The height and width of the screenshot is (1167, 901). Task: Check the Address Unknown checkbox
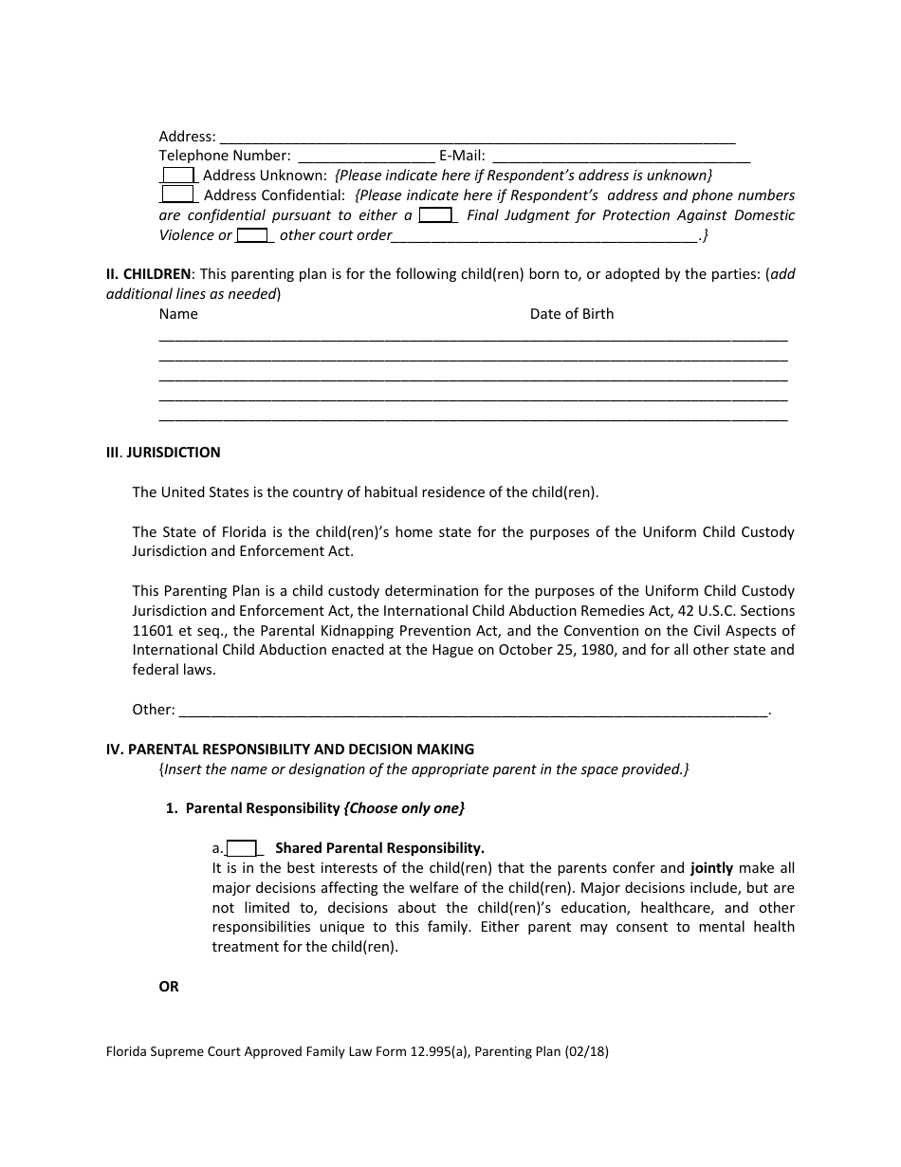tap(177, 175)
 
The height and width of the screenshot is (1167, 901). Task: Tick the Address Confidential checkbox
tap(177, 194)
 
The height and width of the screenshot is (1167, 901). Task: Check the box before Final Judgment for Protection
tap(435, 214)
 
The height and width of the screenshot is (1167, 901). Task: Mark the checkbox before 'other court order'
tap(252, 234)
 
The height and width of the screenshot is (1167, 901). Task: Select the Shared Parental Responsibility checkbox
tap(242, 848)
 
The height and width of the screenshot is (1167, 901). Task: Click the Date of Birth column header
tap(571, 314)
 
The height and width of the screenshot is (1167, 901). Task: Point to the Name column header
tap(178, 314)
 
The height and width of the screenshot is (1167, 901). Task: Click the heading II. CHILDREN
tap(148, 274)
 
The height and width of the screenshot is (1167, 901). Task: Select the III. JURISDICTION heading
tap(163, 453)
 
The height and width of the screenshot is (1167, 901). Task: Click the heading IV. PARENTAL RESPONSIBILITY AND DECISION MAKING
tap(289, 749)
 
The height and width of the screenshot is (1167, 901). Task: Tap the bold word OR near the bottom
tap(169, 987)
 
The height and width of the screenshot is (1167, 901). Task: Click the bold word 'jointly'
tap(711, 867)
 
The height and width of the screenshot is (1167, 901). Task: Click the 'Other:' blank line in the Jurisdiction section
tap(472, 710)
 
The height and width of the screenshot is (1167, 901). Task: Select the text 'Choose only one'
tap(405, 808)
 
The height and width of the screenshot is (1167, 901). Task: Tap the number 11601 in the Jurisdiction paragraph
tap(152, 630)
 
